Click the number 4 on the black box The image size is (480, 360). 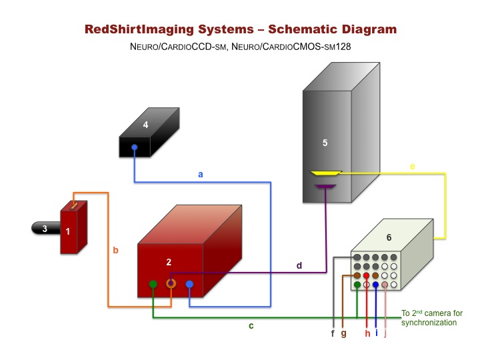pyautogui.click(x=145, y=125)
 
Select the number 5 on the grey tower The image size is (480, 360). pyautogui.click(x=325, y=143)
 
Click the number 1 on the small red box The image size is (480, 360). pyautogui.click(x=67, y=231)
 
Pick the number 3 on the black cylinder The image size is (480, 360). pyautogui.click(x=44, y=229)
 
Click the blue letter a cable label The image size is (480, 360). pyautogui.click(x=201, y=175)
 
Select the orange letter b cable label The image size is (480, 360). pyautogui.click(x=115, y=251)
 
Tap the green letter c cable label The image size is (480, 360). pyautogui.click(x=251, y=326)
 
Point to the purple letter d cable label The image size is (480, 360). pyautogui.click(x=299, y=265)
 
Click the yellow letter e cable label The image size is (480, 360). pyautogui.click(x=413, y=166)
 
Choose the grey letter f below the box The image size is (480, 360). pyautogui.click(x=333, y=333)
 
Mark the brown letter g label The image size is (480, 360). pyautogui.click(x=343, y=333)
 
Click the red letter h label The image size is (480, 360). pyautogui.click(x=367, y=333)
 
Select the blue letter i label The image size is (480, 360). pyautogui.click(x=376, y=333)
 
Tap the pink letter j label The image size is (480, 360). pyautogui.click(x=385, y=333)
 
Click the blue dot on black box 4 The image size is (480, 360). pyautogui.click(x=135, y=147)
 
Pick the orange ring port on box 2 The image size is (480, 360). pyautogui.click(x=171, y=284)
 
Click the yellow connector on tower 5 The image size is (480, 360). pyautogui.click(x=327, y=173)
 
